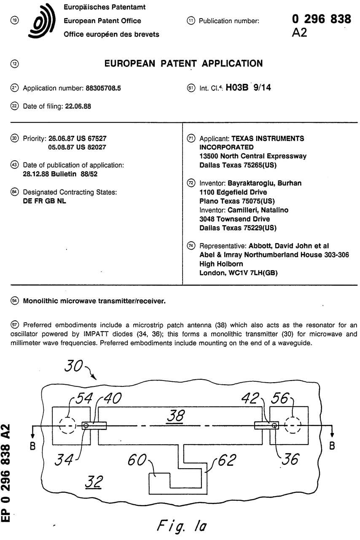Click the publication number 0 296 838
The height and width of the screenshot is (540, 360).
[x=321, y=19]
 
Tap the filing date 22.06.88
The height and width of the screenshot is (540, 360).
[x=78, y=107]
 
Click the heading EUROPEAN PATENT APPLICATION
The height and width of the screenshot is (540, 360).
[x=183, y=64]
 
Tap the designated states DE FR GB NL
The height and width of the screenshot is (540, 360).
[x=44, y=201]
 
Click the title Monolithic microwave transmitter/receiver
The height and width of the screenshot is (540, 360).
[x=94, y=301]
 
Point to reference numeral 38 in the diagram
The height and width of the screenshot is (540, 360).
[x=175, y=416]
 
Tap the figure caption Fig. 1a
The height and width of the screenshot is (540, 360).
[x=182, y=525]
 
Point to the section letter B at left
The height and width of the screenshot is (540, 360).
[x=32, y=446]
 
